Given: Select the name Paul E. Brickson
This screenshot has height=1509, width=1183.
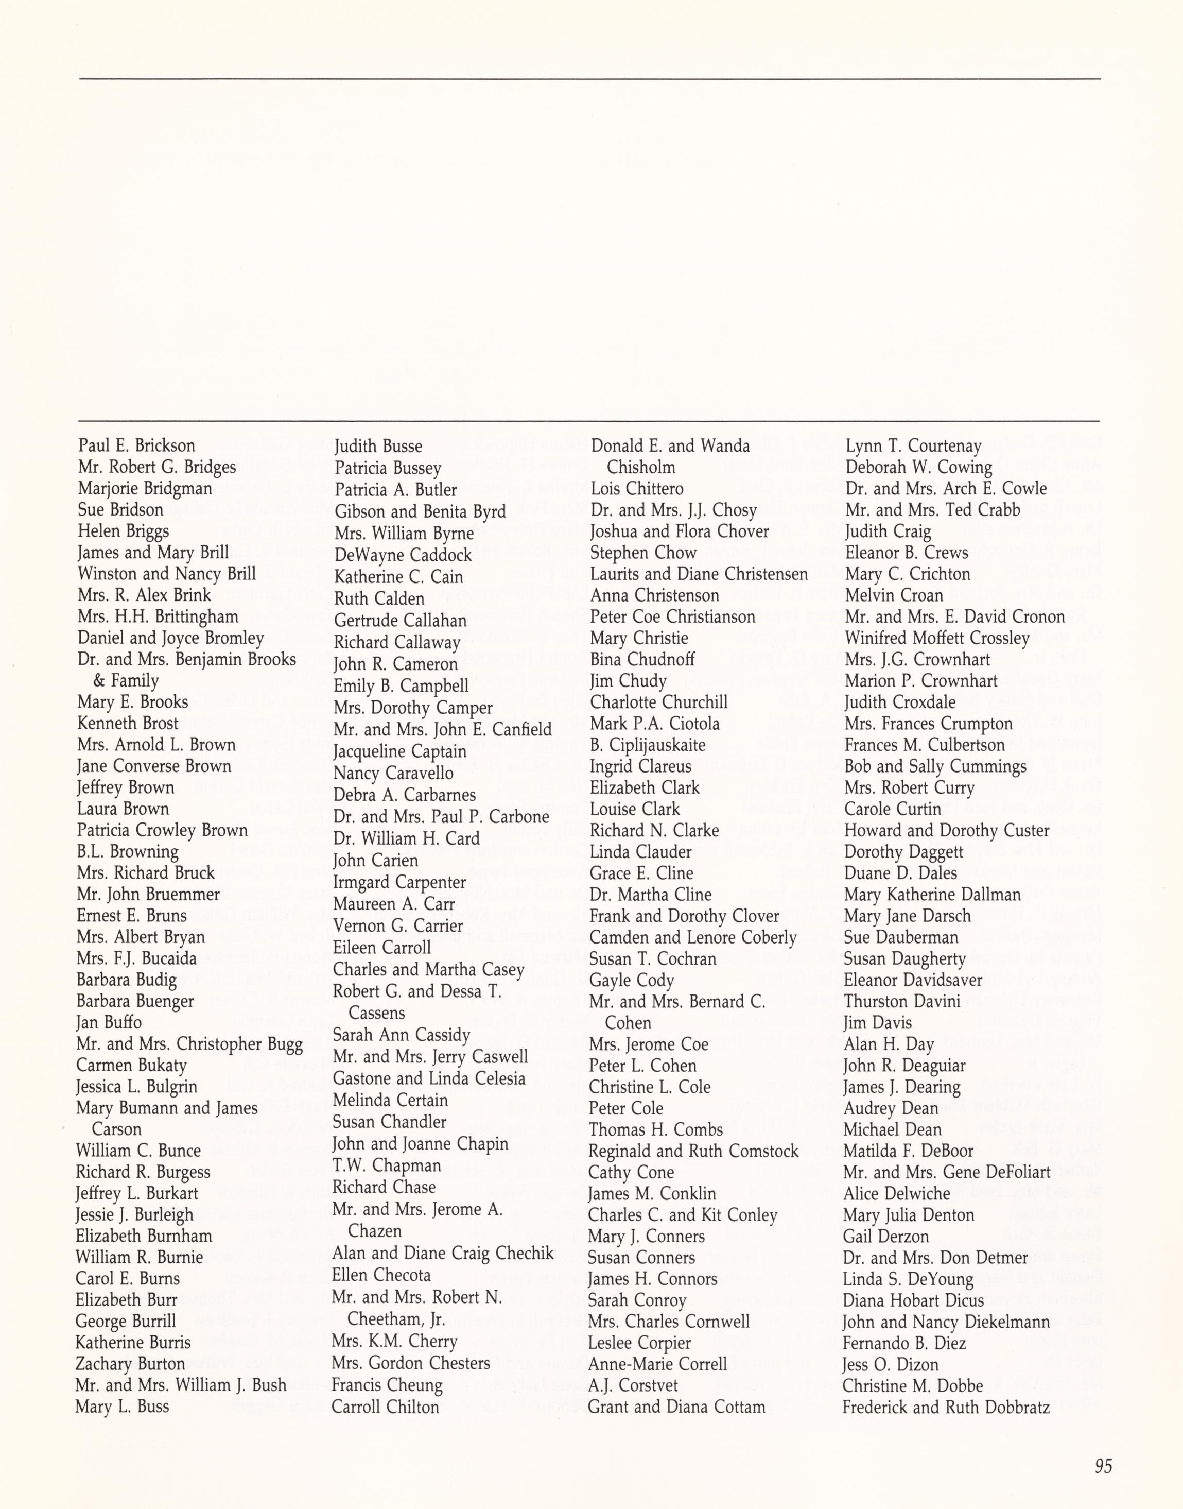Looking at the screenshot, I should coord(136,445).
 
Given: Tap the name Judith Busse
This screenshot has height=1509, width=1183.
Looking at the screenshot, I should coord(378,446).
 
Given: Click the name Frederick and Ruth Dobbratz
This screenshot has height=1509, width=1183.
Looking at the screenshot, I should coord(946,1407).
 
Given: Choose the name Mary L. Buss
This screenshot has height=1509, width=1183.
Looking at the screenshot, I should coord(122,1406).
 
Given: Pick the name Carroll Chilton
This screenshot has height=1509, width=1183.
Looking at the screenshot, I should coord(385,1407).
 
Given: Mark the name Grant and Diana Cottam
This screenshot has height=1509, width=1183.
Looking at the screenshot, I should coord(676,1407).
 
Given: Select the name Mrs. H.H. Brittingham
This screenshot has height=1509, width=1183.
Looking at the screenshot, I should coord(158,616).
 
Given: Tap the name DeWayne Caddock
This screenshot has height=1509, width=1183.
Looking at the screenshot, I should coord(403,555).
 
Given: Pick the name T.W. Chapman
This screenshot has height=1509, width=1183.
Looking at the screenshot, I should coord(387,1165).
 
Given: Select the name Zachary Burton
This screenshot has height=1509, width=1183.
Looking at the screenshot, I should coord(130,1363).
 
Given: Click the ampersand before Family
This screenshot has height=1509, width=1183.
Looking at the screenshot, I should coord(98,680).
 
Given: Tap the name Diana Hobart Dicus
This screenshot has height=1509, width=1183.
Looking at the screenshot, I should coord(913,1300).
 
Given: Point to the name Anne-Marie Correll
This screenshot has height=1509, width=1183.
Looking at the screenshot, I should coord(657,1363).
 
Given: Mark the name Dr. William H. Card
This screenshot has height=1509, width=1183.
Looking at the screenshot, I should coord(406,838).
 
